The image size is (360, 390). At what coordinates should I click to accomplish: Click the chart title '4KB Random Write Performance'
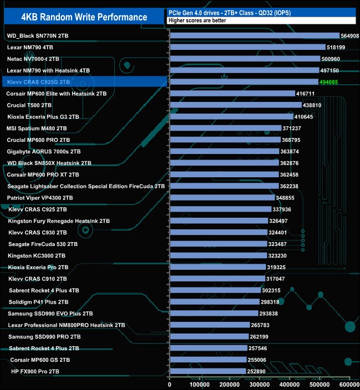tap(84, 17)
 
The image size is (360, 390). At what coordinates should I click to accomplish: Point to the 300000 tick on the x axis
tap(260, 383)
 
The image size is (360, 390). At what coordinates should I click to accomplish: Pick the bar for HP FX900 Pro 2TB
tap(208, 371)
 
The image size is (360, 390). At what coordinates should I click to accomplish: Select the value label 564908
tap(350, 36)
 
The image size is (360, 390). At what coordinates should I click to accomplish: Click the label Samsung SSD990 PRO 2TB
tap(45, 336)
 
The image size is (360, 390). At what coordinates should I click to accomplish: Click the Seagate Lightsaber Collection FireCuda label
tap(86, 186)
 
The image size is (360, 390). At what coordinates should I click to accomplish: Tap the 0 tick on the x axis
tap(171, 383)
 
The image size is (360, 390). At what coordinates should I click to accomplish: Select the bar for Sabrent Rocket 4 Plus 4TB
tap(215, 290)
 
